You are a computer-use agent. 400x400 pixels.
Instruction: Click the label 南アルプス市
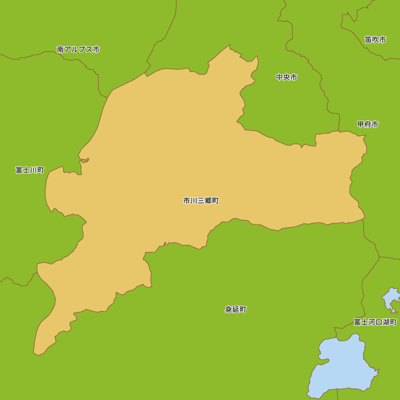pyautogui.click(x=78, y=50)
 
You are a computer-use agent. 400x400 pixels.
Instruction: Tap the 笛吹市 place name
pyautogui.click(x=375, y=40)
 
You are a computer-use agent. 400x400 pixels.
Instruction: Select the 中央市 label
pyautogui.click(x=286, y=77)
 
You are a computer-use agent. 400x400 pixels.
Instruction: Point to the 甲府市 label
pyautogui.click(x=368, y=124)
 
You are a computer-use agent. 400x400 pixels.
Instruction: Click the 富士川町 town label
pyautogui.click(x=30, y=170)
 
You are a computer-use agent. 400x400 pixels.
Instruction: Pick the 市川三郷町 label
pyautogui.click(x=201, y=201)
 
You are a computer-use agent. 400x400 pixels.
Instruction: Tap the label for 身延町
pyautogui.click(x=236, y=310)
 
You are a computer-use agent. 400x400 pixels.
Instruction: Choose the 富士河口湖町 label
pyautogui.click(x=375, y=322)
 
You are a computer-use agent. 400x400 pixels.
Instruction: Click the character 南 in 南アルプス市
pyautogui.click(x=61, y=50)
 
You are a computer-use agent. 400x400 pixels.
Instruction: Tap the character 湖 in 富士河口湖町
pyautogui.click(x=386, y=322)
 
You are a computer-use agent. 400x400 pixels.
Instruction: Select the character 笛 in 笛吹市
pyautogui.click(x=368, y=40)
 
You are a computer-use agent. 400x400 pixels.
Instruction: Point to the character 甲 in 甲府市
pyautogui.click(x=361, y=124)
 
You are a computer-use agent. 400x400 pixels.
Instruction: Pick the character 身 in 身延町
pyautogui.click(x=228, y=310)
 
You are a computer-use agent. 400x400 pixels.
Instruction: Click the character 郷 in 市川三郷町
pyautogui.click(x=208, y=201)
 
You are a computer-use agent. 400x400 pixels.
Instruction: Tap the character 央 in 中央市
pyautogui.click(x=286, y=77)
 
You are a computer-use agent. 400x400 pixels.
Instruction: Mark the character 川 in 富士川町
pyautogui.click(x=34, y=170)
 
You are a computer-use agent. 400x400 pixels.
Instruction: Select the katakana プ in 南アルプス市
pyautogui.click(x=82, y=50)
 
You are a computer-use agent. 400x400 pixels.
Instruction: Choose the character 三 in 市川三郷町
pyautogui.click(x=201, y=201)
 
